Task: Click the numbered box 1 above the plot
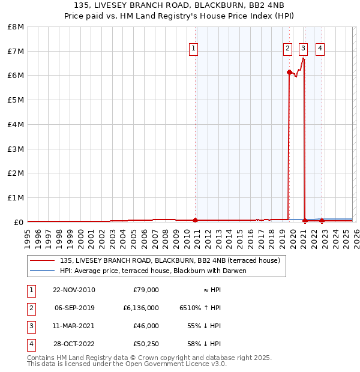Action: tap(193, 49)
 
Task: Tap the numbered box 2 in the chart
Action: tap(287, 49)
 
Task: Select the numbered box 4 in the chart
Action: tap(320, 49)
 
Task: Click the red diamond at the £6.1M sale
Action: tap(289, 73)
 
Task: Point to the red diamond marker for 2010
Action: tap(196, 220)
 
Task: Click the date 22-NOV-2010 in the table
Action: tap(74, 290)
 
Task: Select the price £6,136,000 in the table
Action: tap(141, 308)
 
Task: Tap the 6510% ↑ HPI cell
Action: tap(200, 308)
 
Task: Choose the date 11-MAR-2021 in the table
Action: tap(74, 326)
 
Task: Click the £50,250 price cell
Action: tap(146, 344)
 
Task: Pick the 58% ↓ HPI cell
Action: tap(208, 344)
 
